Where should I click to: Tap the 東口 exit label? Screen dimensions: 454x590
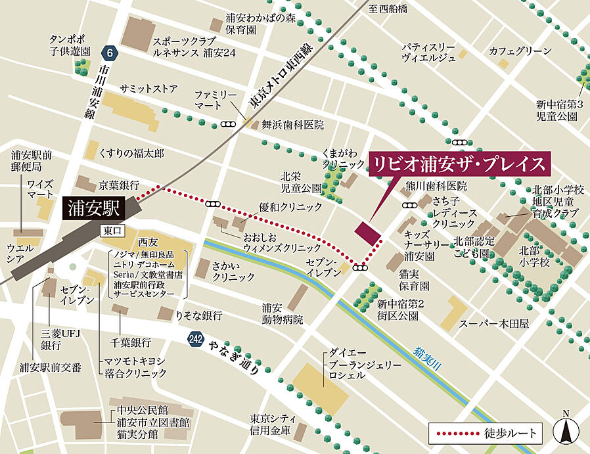[x=111, y=231]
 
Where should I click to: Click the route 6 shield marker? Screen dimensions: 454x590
[x=108, y=51]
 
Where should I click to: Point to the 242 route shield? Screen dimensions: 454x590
[x=195, y=339]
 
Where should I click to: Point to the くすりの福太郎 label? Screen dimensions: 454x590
[x=131, y=152]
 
